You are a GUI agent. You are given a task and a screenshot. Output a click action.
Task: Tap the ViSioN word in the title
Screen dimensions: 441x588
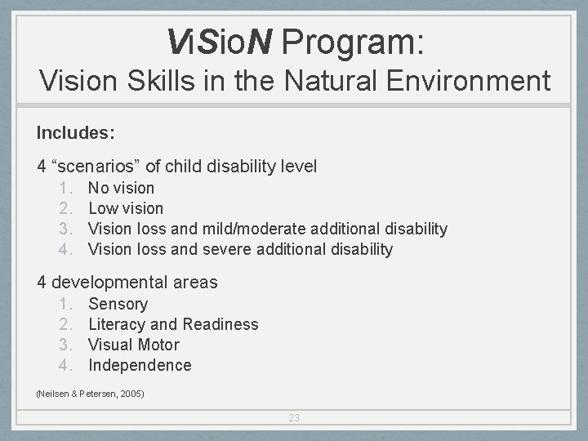pos(219,40)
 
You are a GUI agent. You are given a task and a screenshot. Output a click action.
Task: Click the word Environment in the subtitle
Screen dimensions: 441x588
pos(475,81)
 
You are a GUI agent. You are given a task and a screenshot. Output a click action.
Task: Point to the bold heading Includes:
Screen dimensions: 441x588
pos(75,131)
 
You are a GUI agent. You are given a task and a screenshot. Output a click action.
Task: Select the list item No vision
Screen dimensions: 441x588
pos(121,188)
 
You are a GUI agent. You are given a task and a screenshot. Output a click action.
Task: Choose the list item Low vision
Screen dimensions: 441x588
pos(126,208)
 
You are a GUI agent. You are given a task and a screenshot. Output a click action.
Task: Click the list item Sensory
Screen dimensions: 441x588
pos(118,304)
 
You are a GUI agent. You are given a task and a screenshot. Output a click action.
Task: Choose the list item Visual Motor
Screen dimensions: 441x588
pos(133,345)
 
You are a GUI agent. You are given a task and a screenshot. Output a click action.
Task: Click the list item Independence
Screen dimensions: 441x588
pos(140,365)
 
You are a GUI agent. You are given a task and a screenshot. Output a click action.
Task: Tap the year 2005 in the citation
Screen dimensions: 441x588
pos(131,394)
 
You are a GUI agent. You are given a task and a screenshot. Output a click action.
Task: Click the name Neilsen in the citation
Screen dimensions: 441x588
pos(53,394)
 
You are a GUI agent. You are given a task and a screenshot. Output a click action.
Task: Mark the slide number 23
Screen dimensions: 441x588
pos(294,417)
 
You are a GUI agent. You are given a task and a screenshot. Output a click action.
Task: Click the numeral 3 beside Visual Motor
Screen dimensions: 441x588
pos(65,345)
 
